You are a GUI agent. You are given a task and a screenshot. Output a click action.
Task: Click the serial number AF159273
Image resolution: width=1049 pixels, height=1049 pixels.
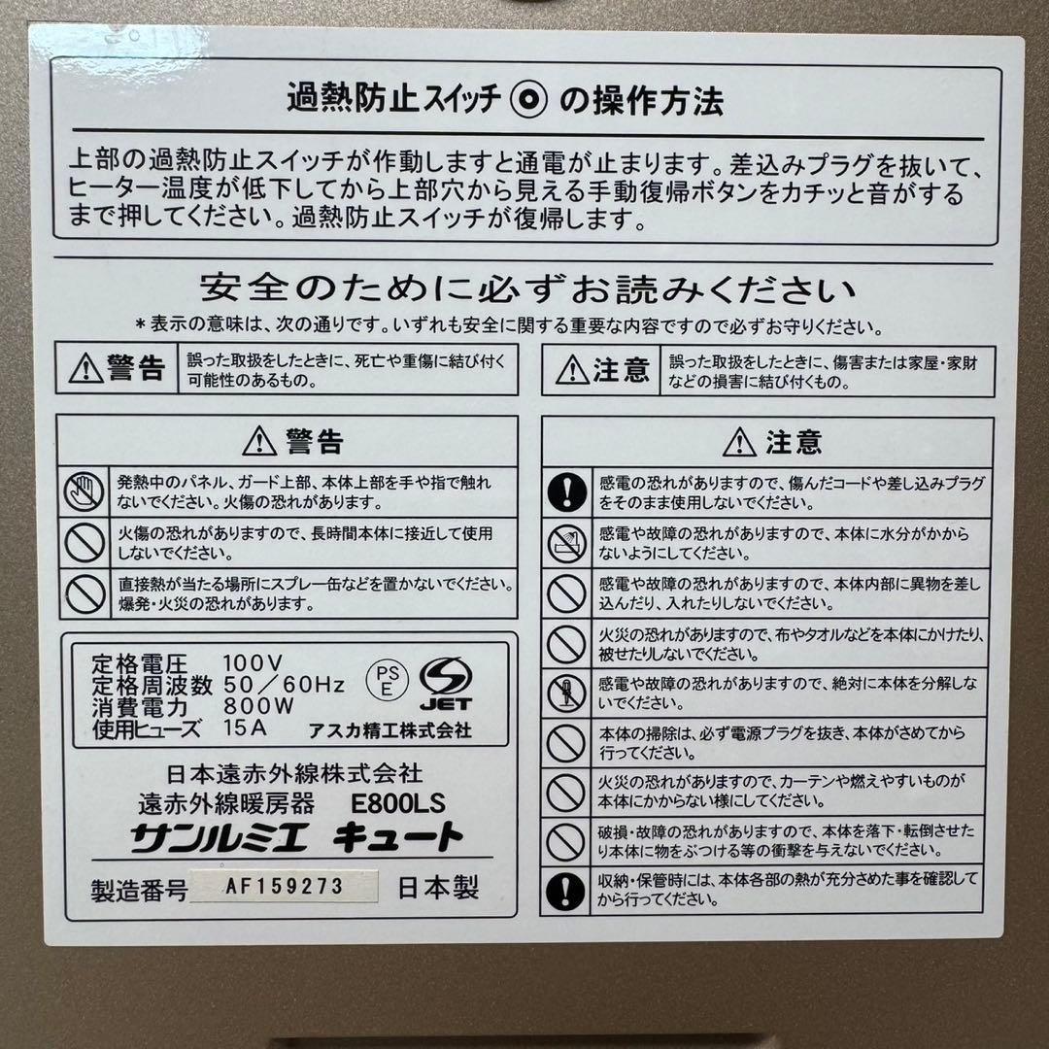tap(284, 886)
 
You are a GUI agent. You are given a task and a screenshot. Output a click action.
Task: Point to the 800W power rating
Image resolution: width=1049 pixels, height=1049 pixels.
tap(258, 706)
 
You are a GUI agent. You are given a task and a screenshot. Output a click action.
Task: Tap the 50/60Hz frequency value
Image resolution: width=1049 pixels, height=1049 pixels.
tap(284, 685)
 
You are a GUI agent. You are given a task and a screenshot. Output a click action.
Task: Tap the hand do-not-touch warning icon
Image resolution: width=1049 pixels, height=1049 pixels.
tap(85, 491)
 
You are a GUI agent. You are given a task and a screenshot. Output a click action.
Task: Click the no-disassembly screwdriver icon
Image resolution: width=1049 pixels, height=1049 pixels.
tap(565, 693)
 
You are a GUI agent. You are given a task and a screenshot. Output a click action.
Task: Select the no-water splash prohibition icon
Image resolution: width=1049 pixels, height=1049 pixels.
tap(565, 543)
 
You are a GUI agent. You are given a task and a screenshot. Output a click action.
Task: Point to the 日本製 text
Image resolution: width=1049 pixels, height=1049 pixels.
tap(438, 888)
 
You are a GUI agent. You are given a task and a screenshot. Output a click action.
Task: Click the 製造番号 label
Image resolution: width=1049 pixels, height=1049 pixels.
tap(137, 889)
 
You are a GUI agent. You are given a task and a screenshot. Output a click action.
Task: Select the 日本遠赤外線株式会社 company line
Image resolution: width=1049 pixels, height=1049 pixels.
tap(294, 774)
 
